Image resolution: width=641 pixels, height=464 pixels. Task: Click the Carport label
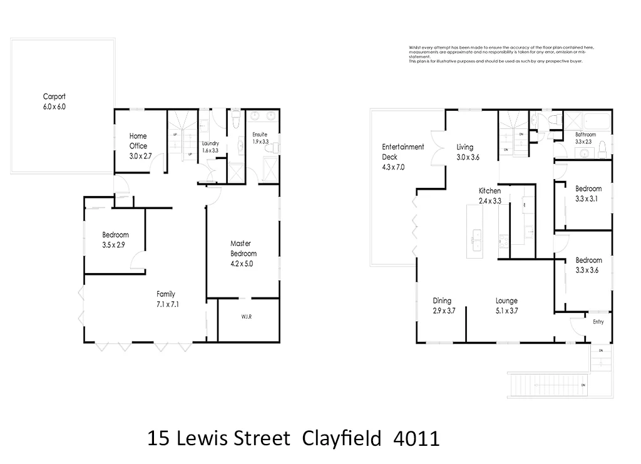pos(54,96)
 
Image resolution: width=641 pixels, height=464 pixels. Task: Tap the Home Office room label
pos(138,136)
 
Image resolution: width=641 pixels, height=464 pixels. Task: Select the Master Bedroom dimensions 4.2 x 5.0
pos(243,264)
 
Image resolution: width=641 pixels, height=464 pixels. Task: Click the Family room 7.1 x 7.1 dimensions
pos(166,304)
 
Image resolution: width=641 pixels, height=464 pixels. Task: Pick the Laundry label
pos(210,143)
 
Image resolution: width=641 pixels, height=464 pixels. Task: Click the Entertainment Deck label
pos(403,147)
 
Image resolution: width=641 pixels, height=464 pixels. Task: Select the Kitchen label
pos(490,191)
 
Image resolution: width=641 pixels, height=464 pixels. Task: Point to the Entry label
pos(598,322)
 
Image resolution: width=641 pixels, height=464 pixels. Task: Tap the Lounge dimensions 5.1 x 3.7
pos(506,311)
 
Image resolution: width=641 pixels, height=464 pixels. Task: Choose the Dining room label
pos(442,301)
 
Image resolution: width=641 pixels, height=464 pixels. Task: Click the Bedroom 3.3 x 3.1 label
pos(588,188)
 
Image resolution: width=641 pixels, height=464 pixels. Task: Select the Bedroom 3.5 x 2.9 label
pos(115,235)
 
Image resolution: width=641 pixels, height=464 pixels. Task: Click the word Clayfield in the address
pos(341,438)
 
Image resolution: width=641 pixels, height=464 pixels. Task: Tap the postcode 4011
pos(416,438)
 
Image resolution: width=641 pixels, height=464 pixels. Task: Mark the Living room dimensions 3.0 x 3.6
pos(467,157)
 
